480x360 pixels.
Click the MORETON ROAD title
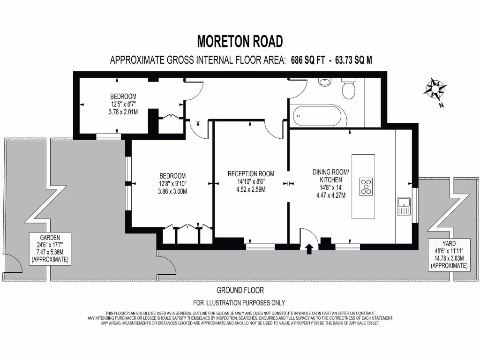240,42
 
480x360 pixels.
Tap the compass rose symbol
435,89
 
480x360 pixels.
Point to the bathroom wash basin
324,82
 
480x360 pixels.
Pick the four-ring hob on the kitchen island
366,186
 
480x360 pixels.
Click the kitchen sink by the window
404,207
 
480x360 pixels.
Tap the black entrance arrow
309,248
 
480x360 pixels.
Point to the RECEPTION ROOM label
251,174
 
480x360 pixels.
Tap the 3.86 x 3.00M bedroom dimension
172,191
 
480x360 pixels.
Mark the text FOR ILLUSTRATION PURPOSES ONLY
240,303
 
